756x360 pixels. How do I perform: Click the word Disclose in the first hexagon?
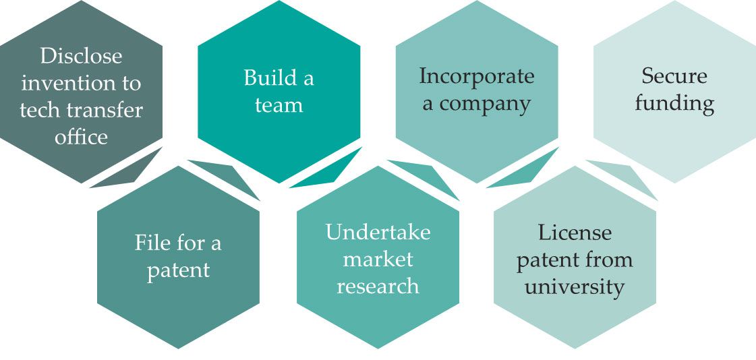(x=81, y=55)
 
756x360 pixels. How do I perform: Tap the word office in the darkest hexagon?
(x=81, y=137)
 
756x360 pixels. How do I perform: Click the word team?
(x=279, y=105)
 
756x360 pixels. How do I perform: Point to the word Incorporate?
(x=476, y=76)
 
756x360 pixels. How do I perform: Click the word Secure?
(x=674, y=76)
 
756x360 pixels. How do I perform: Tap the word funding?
(x=674, y=104)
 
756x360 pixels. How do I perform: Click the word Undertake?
(x=378, y=232)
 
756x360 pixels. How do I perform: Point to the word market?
(x=378, y=259)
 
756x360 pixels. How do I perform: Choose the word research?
(x=378, y=286)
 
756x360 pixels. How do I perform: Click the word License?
(x=575, y=233)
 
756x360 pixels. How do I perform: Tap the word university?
(x=575, y=287)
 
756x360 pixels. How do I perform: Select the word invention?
(x=81, y=83)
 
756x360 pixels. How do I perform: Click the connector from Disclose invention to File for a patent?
(x=128, y=172)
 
